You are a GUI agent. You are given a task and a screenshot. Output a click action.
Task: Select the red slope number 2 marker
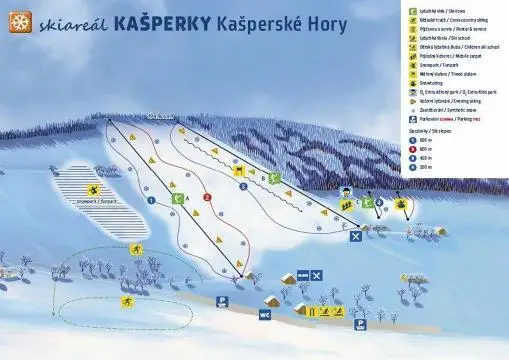(207, 198)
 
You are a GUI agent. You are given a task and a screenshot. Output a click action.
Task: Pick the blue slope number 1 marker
(151, 199)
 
